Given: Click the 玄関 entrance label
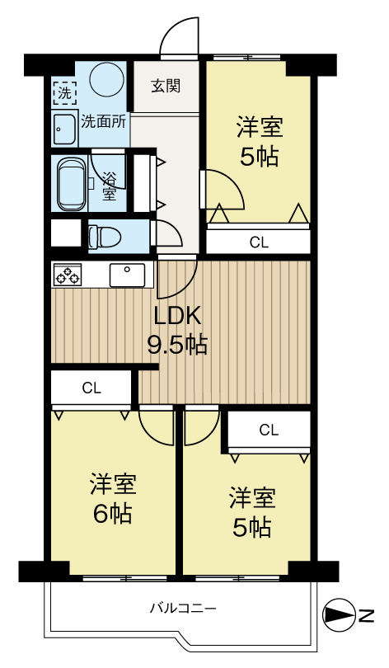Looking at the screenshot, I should point(166,86).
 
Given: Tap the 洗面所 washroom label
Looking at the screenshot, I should point(104,121).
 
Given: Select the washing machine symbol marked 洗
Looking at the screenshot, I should point(63,92).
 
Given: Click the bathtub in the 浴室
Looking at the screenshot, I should point(71,182).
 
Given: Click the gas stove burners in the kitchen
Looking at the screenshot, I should point(67,274).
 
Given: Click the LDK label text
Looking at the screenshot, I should point(177,316).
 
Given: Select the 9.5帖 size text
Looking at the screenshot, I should point(177,345).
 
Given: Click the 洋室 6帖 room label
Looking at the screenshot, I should point(113,498).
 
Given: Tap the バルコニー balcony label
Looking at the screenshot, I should point(183,609).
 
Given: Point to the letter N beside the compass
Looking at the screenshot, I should point(366,615).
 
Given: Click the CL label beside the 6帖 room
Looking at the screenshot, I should point(91,388).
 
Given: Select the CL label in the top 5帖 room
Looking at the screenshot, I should point(259,242).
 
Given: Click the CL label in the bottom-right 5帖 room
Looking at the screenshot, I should point(269,430).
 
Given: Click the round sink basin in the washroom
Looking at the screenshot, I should point(65,129).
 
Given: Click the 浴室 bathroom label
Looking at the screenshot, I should point(109,186).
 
